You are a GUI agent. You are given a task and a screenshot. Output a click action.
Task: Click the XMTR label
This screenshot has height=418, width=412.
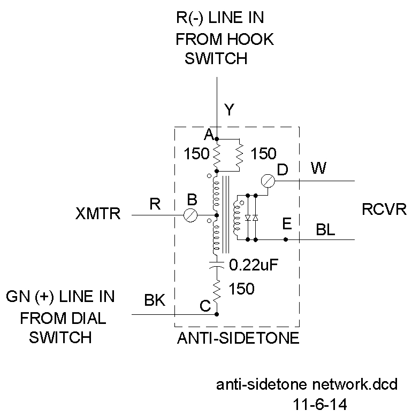98,215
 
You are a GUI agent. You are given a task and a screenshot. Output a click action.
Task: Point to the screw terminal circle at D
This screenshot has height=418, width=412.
268,181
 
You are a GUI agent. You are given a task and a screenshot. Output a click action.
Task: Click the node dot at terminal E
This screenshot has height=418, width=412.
286,239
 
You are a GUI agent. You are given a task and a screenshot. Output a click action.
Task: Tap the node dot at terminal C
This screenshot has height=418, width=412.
216,314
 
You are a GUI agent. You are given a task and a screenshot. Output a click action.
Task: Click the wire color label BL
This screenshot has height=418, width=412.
326,230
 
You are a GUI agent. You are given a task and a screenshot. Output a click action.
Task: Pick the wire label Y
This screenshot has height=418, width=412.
229,111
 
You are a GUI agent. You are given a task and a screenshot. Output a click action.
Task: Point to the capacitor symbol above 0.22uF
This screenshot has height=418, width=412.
216,264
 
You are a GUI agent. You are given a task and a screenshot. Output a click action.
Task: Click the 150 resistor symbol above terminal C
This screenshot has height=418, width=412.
216,290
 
